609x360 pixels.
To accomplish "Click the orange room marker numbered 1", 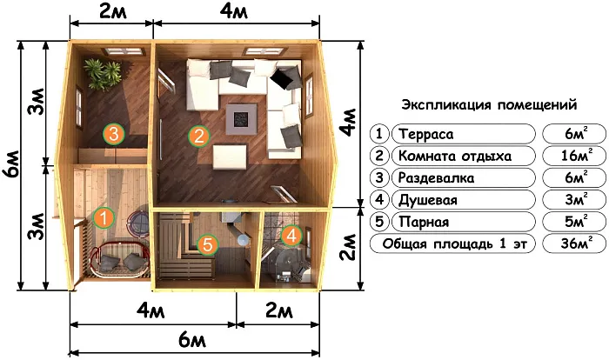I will point(103,217).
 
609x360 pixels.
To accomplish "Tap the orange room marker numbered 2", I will point(200,136).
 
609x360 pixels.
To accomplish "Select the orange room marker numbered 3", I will point(112,133).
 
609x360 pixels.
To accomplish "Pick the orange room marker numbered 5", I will point(206,245).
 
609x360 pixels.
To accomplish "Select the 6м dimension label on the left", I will point(10,161).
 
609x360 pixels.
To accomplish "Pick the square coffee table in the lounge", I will point(239,118).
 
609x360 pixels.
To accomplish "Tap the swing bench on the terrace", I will point(122,258).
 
